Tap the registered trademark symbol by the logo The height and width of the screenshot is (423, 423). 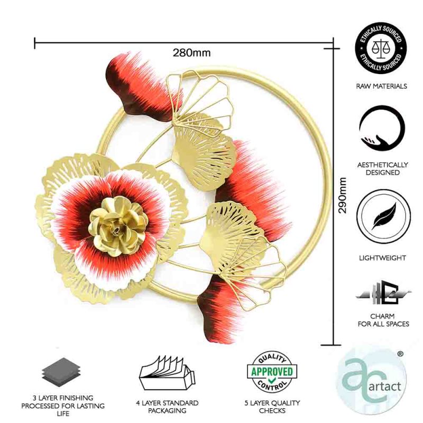pyautogui.click(x=400, y=353)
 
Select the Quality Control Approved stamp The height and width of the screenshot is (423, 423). pyautogui.click(x=272, y=372)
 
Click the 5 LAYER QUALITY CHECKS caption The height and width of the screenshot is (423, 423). pyautogui.click(x=272, y=407)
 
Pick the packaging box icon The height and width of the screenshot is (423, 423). pyautogui.click(x=167, y=373)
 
